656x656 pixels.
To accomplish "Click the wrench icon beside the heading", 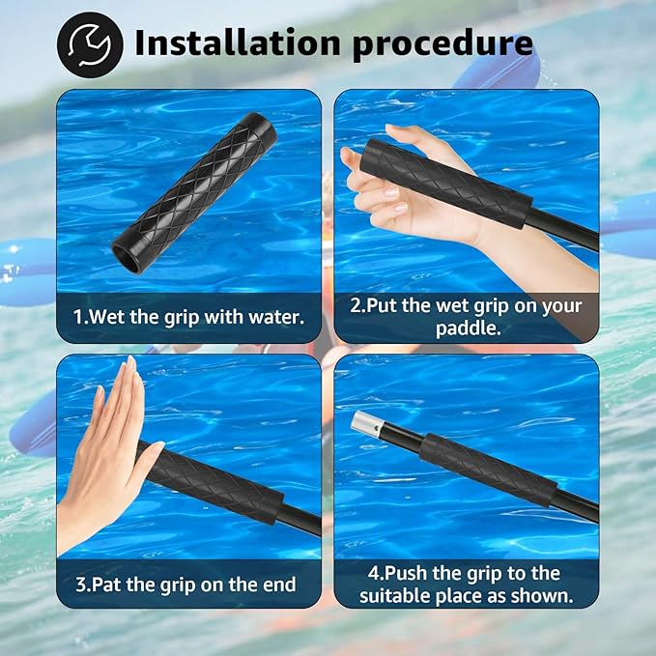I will pyautogui.click(x=90, y=43).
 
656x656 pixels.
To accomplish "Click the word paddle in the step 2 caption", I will pyautogui.click(x=466, y=327).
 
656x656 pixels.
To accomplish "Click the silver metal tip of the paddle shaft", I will pyautogui.click(x=364, y=421).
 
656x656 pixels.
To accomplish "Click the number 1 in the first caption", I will pyautogui.click(x=78, y=316).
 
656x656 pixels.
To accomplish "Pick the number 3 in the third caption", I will pyautogui.click(x=79, y=585).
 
